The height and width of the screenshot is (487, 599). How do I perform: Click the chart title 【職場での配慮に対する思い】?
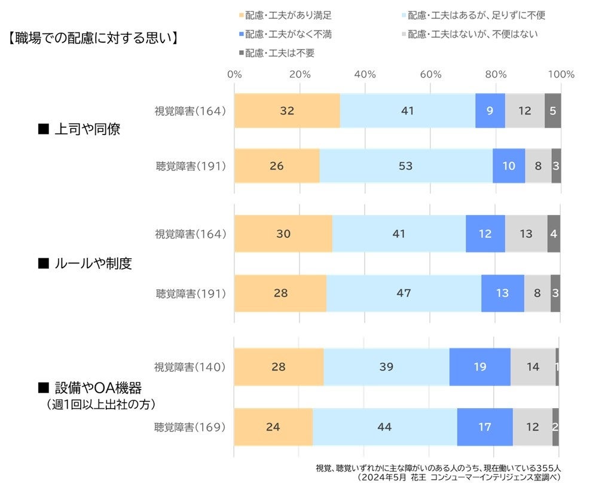tap(94, 39)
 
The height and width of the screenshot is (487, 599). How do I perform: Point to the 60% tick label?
tap(430, 75)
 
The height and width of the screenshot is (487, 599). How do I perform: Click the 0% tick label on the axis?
tap(234, 75)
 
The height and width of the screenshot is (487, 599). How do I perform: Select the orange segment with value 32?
tap(287, 111)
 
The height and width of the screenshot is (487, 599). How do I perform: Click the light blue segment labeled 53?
tap(406, 166)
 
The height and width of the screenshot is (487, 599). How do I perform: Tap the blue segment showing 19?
tap(479, 366)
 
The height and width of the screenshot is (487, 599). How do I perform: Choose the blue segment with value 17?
tap(485, 427)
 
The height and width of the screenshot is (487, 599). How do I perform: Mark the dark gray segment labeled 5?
tap(553, 111)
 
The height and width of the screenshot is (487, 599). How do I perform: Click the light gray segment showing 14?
tap(533, 366)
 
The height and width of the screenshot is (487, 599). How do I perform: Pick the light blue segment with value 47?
tap(404, 293)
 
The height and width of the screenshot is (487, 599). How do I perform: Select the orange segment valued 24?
tap(273, 427)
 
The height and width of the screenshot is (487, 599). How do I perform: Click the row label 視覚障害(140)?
tap(190, 366)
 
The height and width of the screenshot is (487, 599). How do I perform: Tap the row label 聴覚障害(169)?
tap(190, 427)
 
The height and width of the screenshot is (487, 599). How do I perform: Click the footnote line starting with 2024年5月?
tap(459, 477)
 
